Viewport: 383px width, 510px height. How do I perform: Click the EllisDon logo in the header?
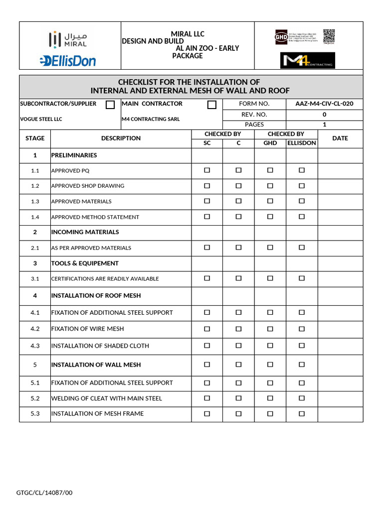[68, 61]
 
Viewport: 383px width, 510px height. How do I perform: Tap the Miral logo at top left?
[70, 38]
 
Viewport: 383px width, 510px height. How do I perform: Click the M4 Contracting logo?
[307, 60]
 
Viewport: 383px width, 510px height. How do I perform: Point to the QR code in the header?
[329, 36]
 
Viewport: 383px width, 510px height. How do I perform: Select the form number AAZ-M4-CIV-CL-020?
[324, 104]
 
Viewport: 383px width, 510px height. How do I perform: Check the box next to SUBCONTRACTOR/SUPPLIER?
[110, 105]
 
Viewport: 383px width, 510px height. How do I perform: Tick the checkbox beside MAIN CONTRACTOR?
[212, 105]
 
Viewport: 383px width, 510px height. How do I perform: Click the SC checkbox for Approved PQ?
[207, 170]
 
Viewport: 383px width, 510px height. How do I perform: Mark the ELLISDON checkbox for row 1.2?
[301, 186]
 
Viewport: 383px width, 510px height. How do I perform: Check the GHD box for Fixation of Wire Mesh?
[270, 329]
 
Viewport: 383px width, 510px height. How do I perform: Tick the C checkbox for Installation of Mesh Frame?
[238, 413]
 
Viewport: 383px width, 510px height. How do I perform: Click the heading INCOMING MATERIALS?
[85, 232]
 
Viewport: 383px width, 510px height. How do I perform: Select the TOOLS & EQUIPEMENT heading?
[85, 263]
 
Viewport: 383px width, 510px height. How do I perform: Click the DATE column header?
[340, 138]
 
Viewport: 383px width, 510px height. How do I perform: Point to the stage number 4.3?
[35, 346]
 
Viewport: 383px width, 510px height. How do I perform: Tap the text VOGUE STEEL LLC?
[41, 120]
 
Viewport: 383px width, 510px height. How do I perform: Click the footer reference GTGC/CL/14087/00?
[44, 493]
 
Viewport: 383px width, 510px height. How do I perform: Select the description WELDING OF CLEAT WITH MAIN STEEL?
[107, 398]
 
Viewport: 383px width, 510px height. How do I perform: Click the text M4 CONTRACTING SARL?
[150, 120]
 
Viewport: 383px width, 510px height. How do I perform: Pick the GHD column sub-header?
[270, 143]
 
